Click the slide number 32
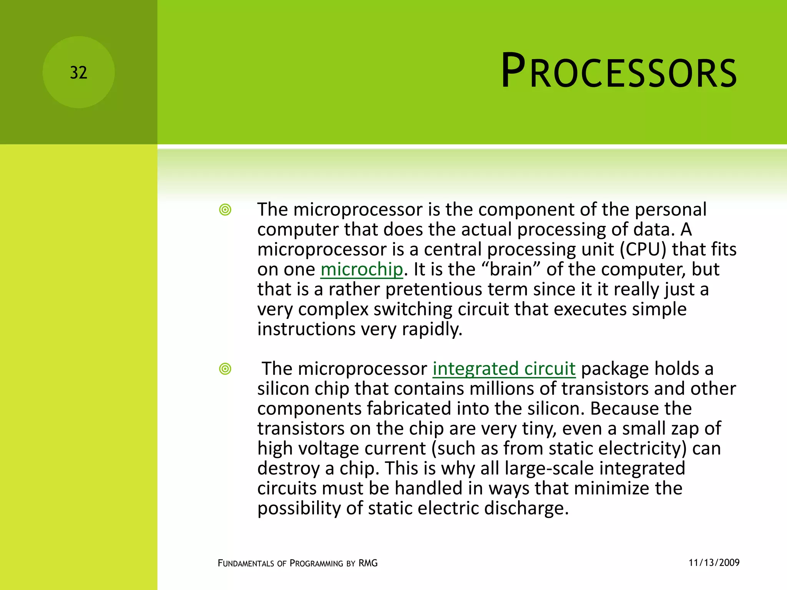tap(78, 73)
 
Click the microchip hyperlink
tap(362, 269)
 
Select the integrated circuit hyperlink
tap(504, 369)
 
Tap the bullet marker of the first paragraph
tap(225, 210)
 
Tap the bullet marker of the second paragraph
tap(225, 369)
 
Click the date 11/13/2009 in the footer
tap(714, 563)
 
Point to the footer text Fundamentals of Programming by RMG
tap(297, 563)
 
